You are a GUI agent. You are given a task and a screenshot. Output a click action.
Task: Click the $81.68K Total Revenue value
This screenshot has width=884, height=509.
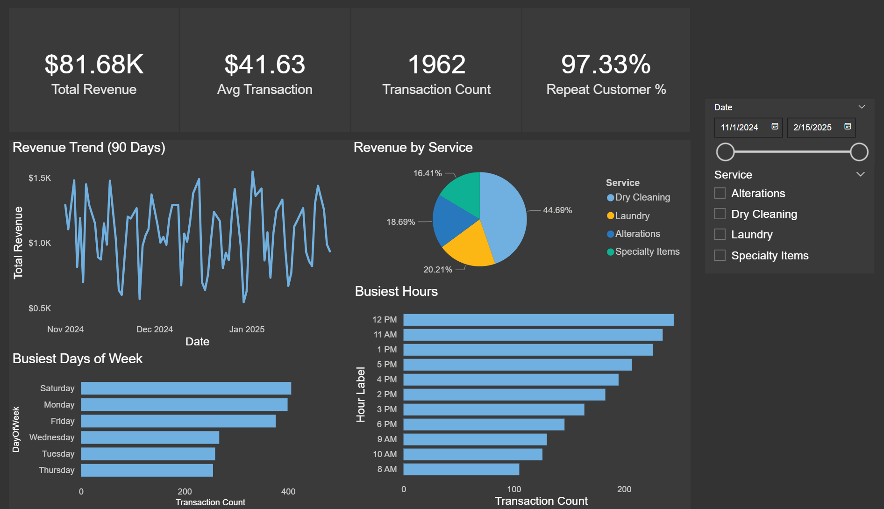pyautogui.click(x=94, y=65)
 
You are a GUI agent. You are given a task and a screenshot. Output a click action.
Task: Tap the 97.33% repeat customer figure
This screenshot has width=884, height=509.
pyautogui.click(x=606, y=65)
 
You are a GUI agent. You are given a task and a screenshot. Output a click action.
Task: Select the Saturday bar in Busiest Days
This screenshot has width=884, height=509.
pyautogui.click(x=185, y=388)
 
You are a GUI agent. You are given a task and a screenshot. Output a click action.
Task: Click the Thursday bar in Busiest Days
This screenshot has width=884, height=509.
pyautogui.click(x=147, y=470)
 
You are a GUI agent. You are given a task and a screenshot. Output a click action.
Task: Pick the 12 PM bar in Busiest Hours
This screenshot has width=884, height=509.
pyautogui.click(x=538, y=320)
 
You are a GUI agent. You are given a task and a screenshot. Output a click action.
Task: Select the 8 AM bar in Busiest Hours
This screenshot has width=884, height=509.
pyautogui.click(x=461, y=469)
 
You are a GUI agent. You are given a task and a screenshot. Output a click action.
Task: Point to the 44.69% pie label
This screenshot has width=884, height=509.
pyautogui.click(x=557, y=210)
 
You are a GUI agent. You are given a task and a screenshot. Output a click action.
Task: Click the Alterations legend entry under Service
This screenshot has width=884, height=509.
pyautogui.click(x=637, y=234)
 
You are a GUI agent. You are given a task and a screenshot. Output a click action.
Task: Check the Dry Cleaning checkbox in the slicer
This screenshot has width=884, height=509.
pyautogui.click(x=720, y=214)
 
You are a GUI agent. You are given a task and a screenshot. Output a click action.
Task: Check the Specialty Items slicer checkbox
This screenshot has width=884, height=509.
pyautogui.click(x=720, y=255)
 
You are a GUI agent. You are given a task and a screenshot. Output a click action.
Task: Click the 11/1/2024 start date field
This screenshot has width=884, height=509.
pyautogui.click(x=740, y=128)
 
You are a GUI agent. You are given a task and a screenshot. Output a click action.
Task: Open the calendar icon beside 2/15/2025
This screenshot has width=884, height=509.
pyautogui.click(x=848, y=127)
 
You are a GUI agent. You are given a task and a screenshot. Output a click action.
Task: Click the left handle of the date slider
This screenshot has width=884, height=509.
pyautogui.click(x=725, y=152)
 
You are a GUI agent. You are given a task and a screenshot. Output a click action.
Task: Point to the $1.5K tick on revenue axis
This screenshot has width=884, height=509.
pyautogui.click(x=40, y=178)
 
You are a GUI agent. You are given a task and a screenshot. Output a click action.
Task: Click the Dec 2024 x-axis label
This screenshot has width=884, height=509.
pyautogui.click(x=155, y=330)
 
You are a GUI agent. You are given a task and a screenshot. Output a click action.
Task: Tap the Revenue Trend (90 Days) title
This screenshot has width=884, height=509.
pyautogui.click(x=89, y=148)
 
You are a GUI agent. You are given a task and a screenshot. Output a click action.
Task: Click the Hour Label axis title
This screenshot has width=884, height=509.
pyautogui.click(x=361, y=394)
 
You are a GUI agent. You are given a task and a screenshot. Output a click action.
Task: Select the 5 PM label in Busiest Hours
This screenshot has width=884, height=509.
pyautogui.click(x=387, y=365)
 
